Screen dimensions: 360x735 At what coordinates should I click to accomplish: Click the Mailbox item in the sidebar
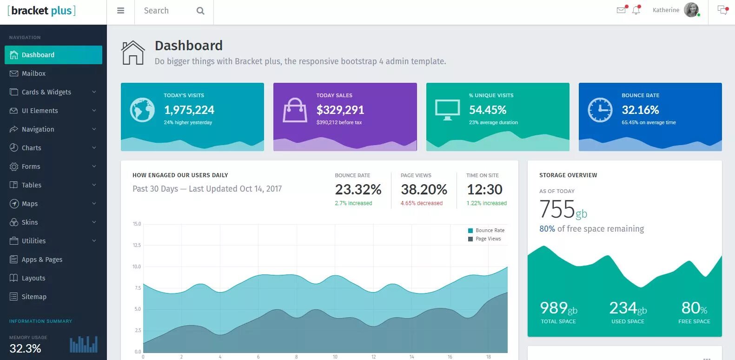(x=33, y=73)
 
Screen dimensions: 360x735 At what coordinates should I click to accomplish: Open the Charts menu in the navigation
(x=32, y=148)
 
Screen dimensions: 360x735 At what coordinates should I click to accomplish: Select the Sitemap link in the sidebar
(x=34, y=297)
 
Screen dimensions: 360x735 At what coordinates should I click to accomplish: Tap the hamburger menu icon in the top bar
(x=121, y=11)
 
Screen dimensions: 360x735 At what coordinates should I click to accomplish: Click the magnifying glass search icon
(x=200, y=11)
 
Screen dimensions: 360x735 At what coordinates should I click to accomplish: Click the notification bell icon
(x=636, y=10)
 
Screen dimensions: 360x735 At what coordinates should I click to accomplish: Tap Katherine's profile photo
(x=691, y=10)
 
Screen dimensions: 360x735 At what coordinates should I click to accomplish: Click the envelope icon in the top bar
(x=621, y=10)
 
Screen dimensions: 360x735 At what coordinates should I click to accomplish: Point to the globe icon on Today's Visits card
(x=142, y=110)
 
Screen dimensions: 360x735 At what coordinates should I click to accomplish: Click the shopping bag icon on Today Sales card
(x=295, y=110)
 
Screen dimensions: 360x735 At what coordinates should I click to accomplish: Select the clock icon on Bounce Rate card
(x=600, y=110)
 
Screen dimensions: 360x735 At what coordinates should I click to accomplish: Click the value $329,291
(x=340, y=110)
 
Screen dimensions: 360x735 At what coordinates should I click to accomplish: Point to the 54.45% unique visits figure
(x=487, y=110)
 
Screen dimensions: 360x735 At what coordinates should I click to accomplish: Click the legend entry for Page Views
(x=488, y=239)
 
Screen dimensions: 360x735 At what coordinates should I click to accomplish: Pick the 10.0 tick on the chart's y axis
(x=137, y=267)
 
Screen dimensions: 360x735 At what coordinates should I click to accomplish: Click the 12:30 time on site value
(x=484, y=189)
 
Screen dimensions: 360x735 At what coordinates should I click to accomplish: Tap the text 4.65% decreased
(x=421, y=203)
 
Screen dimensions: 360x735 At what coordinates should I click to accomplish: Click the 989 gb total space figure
(x=558, y=308)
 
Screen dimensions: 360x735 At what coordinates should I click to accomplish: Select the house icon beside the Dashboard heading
(x=133, y=53)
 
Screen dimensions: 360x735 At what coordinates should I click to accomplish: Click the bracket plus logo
(x=42, y=11)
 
